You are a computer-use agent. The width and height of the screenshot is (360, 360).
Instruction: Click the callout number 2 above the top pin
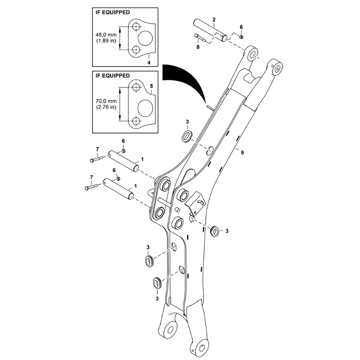click(214, 19)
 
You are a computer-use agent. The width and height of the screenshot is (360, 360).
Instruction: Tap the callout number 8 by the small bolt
click(198, 47)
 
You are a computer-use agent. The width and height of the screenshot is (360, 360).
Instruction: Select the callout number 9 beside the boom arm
click(242, 152)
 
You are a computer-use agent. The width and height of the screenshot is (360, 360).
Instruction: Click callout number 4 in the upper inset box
click(149, 62)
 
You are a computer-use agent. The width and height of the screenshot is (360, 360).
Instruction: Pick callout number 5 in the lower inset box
click(151, 86)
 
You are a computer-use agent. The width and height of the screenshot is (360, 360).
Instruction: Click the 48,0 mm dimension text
click(106, 35)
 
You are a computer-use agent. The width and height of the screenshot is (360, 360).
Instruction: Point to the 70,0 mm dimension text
click(106, 101)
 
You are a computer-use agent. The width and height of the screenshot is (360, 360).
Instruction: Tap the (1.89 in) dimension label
click(106, 41)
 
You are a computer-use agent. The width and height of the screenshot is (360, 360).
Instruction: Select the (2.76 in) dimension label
click(106, 107)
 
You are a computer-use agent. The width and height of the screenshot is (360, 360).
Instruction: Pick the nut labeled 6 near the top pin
click(241, 37)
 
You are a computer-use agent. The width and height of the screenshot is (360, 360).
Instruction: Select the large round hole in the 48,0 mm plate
click(145, 38)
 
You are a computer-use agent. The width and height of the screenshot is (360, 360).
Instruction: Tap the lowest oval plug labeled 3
click(157, 283)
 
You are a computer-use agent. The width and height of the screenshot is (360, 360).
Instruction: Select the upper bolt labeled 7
click(97, 159)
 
